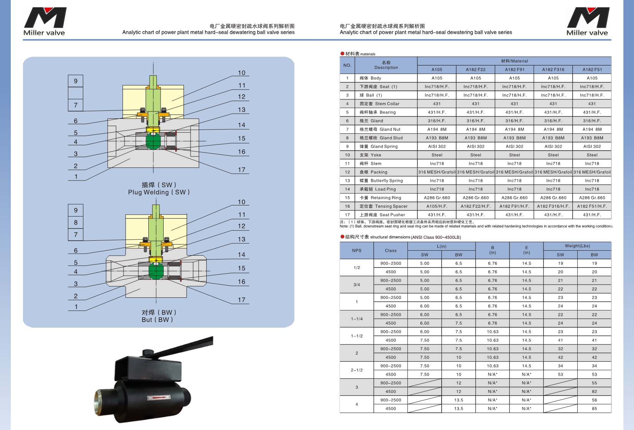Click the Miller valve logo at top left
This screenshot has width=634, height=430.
[x=44, y=21]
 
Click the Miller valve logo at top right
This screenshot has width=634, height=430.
[x=587, y=21]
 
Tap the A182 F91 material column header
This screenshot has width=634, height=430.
[x=514, y=70]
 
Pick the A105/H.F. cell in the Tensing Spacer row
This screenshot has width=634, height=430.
[x=437, y=206]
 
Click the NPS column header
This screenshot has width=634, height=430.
[x=356, y=251]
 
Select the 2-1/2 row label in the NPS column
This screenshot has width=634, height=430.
[x=356, y=370]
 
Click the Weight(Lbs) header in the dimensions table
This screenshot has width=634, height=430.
[x=577, y=246]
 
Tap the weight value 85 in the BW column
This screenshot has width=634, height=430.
[x=595, y=409]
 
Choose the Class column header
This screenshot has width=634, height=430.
[x=391, y=251]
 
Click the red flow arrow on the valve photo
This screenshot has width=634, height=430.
[x=159, y=398]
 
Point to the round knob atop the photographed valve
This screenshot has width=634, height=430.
[x=148, y=353]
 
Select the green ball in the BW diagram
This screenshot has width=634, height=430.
[x=156, y=271]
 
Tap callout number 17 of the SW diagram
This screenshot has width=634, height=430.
[x=241, y=170]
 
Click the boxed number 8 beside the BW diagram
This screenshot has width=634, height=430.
[x=76, y=222]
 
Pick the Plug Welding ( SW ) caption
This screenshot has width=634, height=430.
[x=159, y=192]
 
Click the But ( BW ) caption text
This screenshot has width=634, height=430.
[x=158, y=320]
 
